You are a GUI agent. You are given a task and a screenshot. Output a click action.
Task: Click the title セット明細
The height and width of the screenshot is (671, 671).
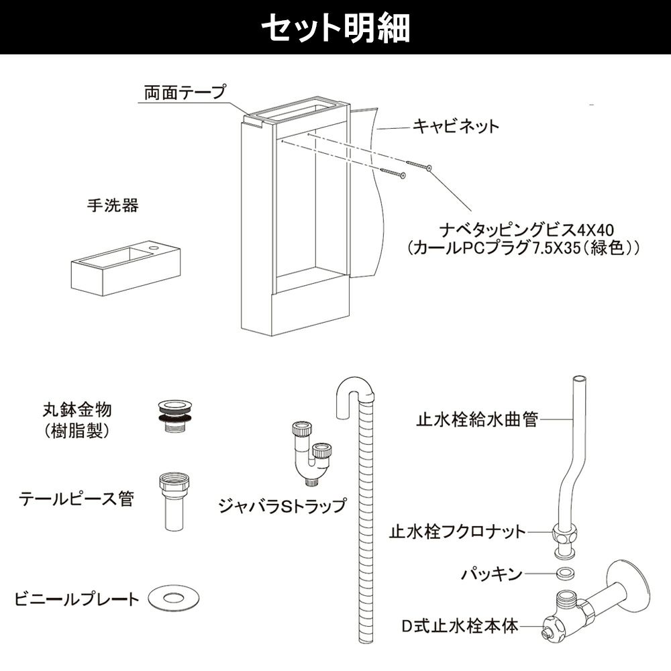pos(335,28)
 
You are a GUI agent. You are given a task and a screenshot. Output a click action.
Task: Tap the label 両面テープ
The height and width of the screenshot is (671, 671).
pos(185,93)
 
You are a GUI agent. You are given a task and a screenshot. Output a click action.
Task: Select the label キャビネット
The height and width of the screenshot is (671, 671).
pos(456,126)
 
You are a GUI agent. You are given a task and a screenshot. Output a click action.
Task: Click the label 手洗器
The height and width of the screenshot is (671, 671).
pos(113,205)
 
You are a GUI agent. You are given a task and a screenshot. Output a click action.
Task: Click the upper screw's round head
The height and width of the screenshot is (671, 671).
pos(429,168)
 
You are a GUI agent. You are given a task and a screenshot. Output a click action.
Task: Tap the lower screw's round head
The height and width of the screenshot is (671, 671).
pos(402,174)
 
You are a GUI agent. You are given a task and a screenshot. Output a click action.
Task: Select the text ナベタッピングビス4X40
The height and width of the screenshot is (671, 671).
pos(526,230)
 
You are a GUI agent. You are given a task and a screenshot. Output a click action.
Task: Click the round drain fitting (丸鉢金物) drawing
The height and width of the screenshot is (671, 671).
pos(174,416)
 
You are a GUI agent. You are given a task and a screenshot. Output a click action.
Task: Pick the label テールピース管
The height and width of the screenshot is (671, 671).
pos(76,499)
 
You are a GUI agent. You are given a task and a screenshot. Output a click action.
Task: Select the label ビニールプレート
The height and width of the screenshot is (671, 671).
pos(77,599)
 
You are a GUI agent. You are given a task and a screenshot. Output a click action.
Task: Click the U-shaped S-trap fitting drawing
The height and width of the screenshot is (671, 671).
pos(311,454)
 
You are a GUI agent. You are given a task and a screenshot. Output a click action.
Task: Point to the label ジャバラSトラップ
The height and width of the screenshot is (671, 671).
pos(282,506)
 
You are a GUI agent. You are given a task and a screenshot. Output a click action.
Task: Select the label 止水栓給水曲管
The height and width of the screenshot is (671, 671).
pos(477,419)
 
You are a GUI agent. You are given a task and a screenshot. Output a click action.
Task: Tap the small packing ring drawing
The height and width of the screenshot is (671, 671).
pos(564,572)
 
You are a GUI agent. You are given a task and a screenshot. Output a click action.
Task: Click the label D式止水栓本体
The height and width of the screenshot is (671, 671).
pos(460,625)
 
